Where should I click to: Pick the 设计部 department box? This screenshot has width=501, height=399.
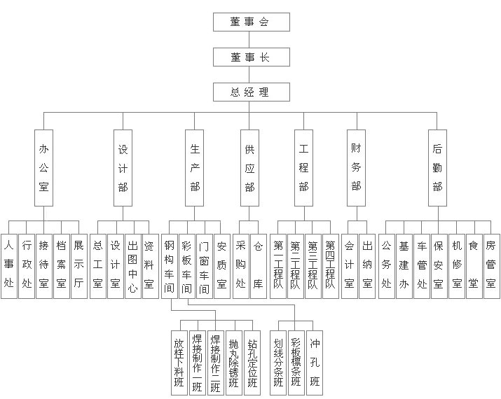(123, 168)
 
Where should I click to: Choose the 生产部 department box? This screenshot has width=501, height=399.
(195, 168)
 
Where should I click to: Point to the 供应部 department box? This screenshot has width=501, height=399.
(249, 168)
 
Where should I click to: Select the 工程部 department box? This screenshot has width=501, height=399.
(303, 168)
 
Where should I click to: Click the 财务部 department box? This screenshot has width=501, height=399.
(356, 168)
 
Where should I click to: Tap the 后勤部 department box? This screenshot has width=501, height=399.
(437, 168)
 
